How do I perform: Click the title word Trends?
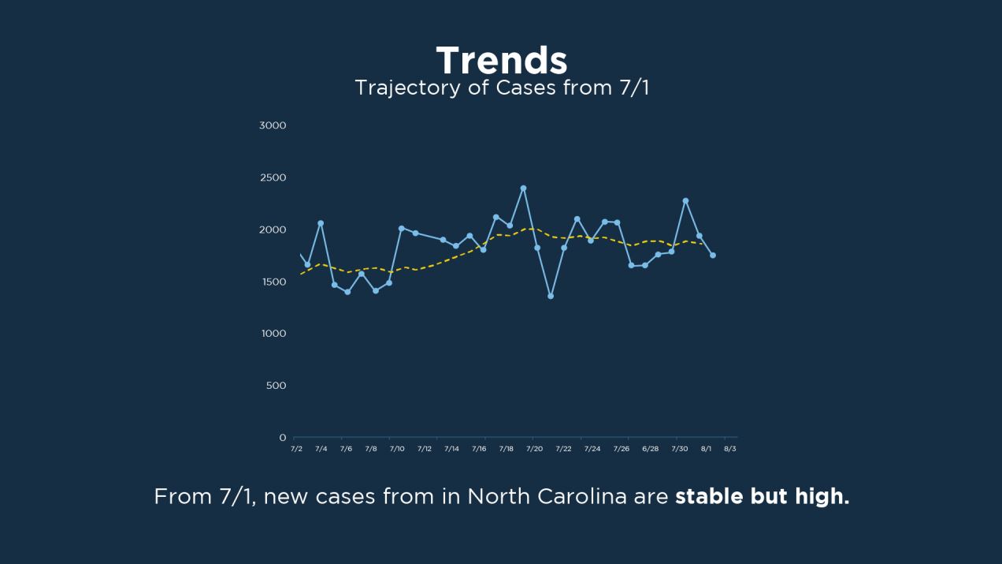click(x=501, y=61)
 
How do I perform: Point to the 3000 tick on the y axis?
click(x=273, y=125)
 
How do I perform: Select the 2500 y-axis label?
click(x=273, y=177)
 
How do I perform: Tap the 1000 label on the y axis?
click(x=273, y=334)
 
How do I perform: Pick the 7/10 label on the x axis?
click(x=397, y=449)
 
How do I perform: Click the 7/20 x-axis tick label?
click(x=534, y=449)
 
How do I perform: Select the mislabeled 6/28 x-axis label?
click(x=650, y=449)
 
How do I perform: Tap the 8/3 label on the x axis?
click(x=730, y=449)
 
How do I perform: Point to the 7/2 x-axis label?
click(x=296, y=449)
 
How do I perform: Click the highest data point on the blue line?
click(x=523, y=189)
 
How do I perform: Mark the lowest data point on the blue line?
click(x=551, y=296)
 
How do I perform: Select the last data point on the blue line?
click(x=713, y=255)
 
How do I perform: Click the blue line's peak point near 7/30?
click(x=685, y=200)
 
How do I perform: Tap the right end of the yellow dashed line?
click(x=702, y=244)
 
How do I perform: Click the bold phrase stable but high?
click(x=762, y=497)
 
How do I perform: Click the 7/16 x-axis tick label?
click(x=479, y=449)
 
